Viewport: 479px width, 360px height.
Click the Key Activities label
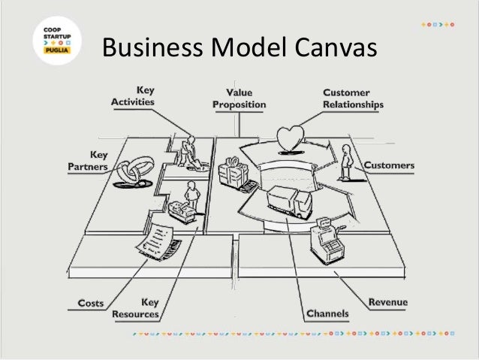click(133, 95)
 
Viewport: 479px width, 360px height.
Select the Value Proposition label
click(239, 99)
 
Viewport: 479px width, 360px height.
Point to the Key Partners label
click(89, 160)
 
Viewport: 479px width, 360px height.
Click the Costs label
click(92, 304)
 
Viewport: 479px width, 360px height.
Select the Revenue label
click(388, 302)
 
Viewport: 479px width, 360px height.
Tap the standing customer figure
click(345, 162)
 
